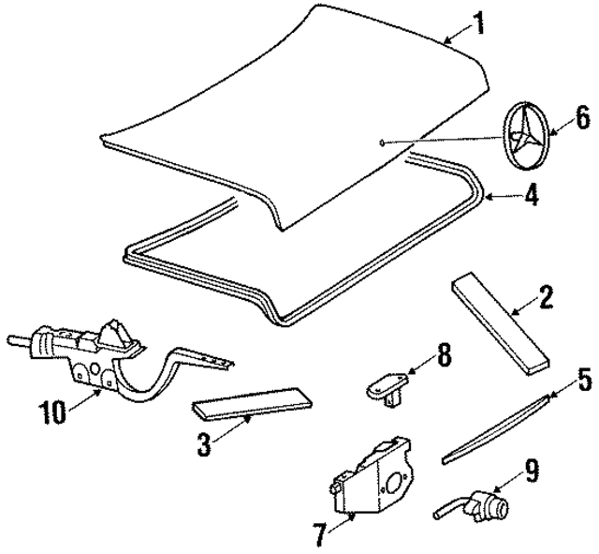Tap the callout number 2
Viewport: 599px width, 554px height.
pos(546,300)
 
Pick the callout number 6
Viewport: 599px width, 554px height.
pos(581,117)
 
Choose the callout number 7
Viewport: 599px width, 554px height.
pos(320,535)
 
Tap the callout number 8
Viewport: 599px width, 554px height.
pos(444,357)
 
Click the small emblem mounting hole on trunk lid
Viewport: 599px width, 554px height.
pos(382,142)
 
